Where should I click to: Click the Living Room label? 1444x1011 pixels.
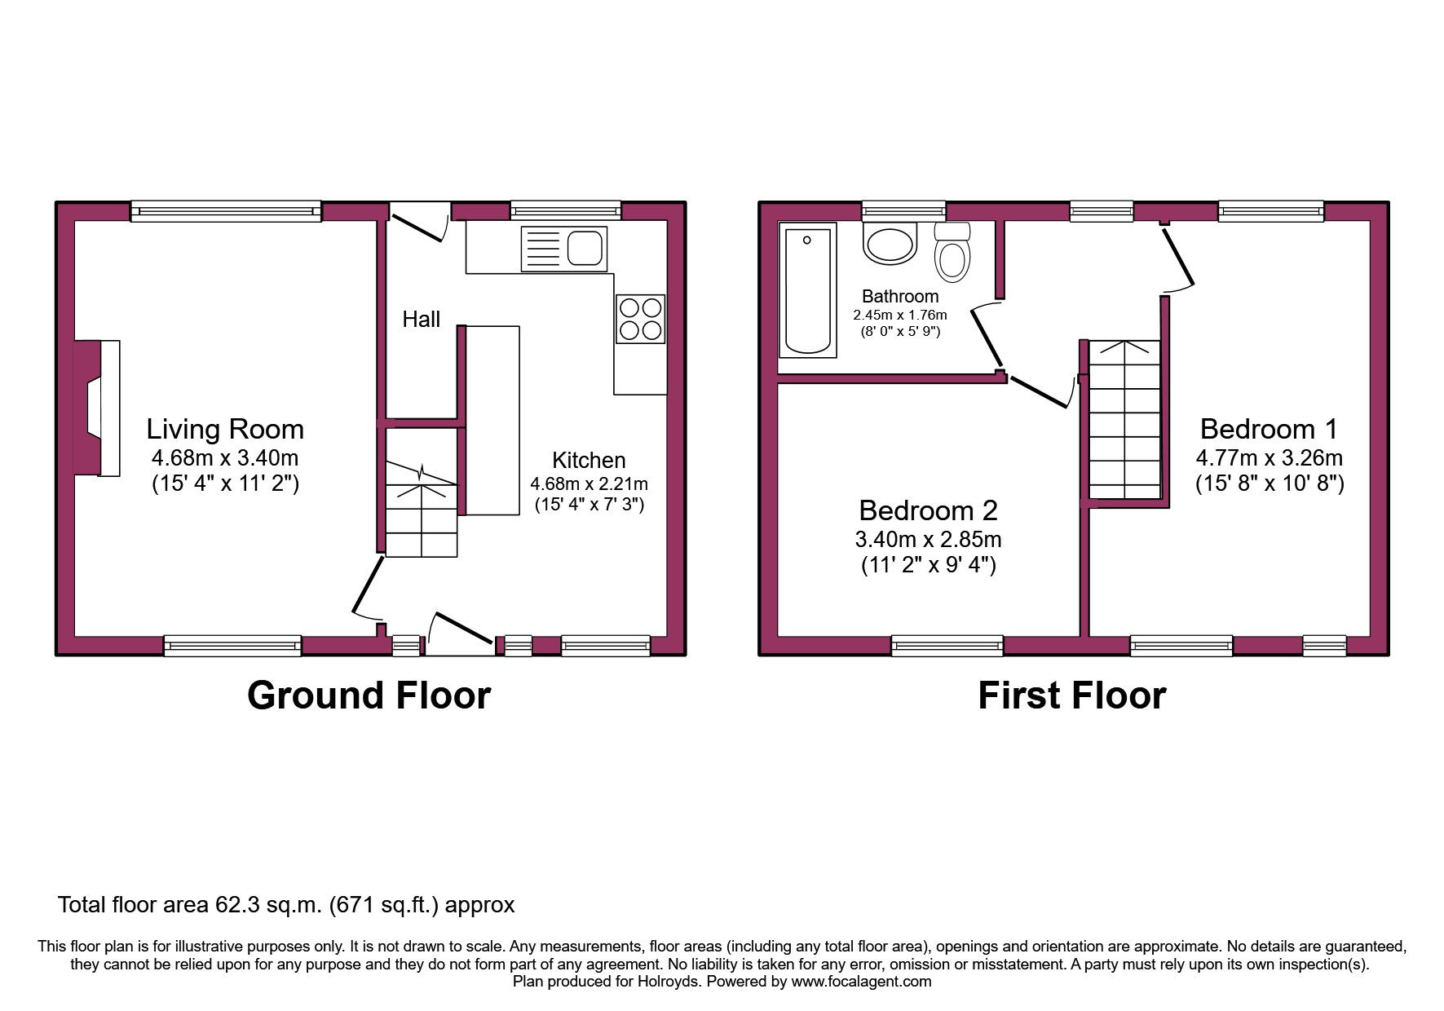tap(225, 430)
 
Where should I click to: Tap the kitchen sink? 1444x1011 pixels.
tap(563, 248)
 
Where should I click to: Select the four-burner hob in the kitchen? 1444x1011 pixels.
tap(640, 319)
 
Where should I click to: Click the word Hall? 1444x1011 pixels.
tap(421, 320)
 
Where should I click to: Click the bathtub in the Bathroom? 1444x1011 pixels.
tap(807, 290)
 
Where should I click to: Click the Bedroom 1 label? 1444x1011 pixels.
tap(1269, 429)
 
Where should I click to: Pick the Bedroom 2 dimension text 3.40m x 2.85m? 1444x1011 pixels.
tap(928, 540)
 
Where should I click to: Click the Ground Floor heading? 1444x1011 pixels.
tap(369, 695)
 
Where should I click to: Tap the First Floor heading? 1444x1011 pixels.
tap(1071, 695)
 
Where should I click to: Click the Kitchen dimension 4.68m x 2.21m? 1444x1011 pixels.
tap(589, 483)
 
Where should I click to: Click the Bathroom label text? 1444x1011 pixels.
tap(900, 297)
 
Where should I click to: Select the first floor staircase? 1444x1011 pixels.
tap(1124, 419)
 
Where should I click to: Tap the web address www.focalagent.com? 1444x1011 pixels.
tap(861, 982)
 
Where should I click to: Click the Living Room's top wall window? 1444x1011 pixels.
tap(226, 212)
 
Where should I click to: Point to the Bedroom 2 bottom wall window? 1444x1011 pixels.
tap(947, 647)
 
